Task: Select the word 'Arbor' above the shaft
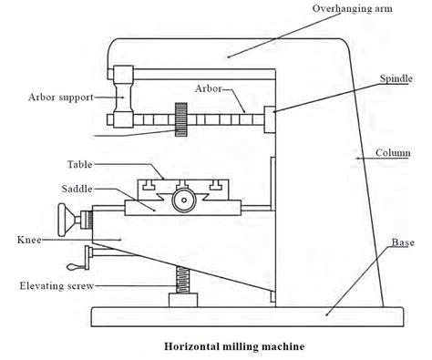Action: pyautogui.click(x=209, y=87)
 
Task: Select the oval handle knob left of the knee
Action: pyautogui.click(x=67, y=219)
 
